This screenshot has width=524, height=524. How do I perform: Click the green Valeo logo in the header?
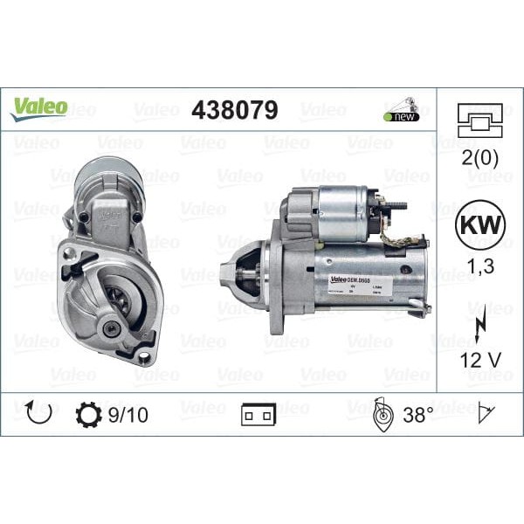[x=39, y=107]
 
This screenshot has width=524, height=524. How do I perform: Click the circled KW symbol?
[x=479, y=223]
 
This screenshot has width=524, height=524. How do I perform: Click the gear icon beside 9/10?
[x=89, y=414]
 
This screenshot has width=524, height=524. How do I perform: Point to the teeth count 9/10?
[x=128, y=414]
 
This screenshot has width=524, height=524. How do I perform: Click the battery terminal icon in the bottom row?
[x=259, y=415]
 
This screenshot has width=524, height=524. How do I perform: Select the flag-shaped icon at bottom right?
[x=486, y=414]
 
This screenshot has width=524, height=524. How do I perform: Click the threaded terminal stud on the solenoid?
[x=397, y=207]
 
